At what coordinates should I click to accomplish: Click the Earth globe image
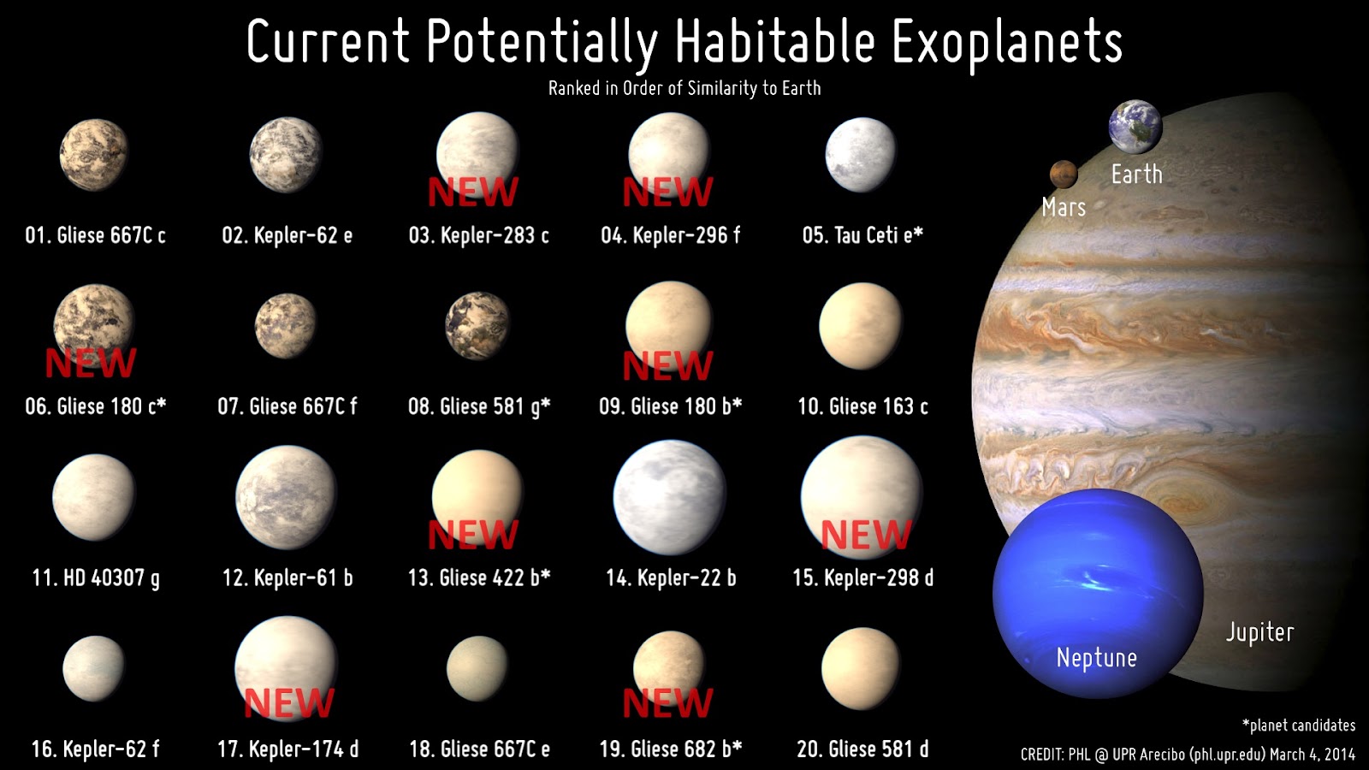(1135, 127)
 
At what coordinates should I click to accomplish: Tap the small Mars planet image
(1063, 174)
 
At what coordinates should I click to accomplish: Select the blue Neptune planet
(1098, 593)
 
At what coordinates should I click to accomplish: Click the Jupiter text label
(1259, 632)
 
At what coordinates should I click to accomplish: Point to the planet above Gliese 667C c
(93, 155)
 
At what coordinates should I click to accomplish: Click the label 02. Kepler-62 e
(287, 235)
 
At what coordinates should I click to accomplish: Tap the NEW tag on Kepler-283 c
(472, 192)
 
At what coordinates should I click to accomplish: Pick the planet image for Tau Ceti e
(860, 155)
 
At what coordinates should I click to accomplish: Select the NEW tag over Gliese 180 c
(90, 364)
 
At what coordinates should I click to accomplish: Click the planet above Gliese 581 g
(477, 326)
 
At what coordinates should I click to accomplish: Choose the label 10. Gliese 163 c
(862, 406)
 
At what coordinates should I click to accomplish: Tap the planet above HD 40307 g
(93, 497)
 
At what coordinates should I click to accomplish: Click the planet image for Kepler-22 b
(669, 497)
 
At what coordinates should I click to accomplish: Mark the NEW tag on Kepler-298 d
(866, 536)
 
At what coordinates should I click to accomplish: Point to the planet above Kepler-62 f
(93, 668)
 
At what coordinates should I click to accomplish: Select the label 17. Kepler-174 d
(287, 749)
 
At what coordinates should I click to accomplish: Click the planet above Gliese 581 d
(861, 668)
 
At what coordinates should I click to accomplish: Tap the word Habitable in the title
(774, 43)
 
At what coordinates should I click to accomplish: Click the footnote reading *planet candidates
(1299, 726)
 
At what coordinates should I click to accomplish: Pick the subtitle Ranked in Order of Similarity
(684, 88)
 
